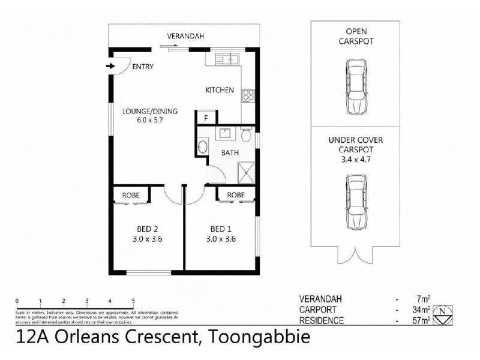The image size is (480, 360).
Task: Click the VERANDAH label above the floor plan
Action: tap(185, 37)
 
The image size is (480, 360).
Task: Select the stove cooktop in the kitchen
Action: tap(248, 95)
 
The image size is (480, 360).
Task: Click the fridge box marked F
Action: tap(206, 118)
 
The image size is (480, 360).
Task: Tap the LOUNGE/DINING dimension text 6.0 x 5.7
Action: tap(142, 120)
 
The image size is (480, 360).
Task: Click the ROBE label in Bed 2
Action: tap(131, 195)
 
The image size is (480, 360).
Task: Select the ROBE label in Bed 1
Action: tap(235, 195)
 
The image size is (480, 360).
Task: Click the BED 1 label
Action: tap(220, 229)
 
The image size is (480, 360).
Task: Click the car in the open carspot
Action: tap(356, 88)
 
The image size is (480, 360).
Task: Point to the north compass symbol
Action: tap(442, 313)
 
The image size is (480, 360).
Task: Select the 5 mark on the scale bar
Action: tap(133, 301)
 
